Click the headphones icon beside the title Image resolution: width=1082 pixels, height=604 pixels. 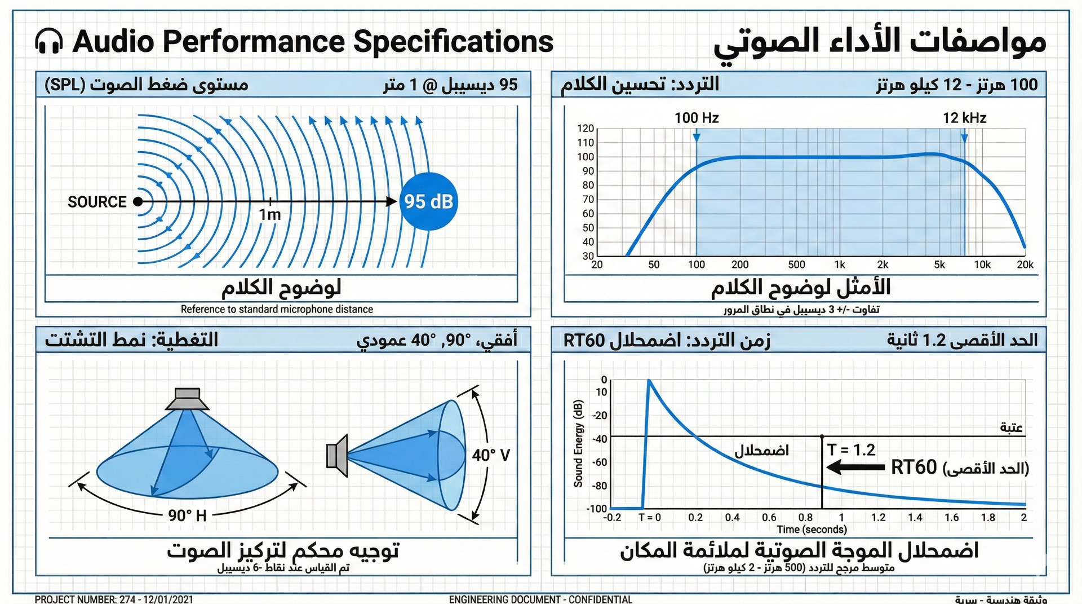pyautogui.click(x=48, y=42)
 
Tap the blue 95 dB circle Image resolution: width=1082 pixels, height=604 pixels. pyautogui.click(x=429, y=201)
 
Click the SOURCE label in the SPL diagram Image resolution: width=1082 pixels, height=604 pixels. pyautogui.click(x=97, y=202)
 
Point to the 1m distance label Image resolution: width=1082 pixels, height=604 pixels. pyautogui.click(x=270, y=215)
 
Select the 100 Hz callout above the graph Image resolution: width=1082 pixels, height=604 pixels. pyautogui.click(x=697, y=118)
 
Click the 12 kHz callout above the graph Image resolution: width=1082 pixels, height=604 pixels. pyautogui.click(x=964, y=118)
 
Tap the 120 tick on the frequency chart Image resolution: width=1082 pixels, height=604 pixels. pyautogui.click(x=586, y=129)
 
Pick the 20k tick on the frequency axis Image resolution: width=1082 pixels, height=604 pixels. pyautogui.click(x=1025, y=264)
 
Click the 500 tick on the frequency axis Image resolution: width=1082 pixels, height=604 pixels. pyautogui.click(x=796, y=264)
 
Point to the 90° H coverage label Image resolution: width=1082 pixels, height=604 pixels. pyautogui.click(x=187, y=515)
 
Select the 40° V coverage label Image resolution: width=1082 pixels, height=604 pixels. pyautogui.click(x=491, y=455)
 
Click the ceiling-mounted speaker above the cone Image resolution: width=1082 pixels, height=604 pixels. pyautogui.click(x=188, y=399)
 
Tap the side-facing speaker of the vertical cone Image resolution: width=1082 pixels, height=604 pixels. pyautogui.click(x=338, y=452)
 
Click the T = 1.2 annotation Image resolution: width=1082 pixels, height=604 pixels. pyautogui.click(x=851, y=450)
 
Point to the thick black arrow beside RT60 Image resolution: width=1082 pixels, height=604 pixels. pyautogui.click(x=855, y=467)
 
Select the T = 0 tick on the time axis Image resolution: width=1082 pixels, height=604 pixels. pyautogui.click(x=649, y=517)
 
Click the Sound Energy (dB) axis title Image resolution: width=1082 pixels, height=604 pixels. pyautogui.click(x=578, y=443)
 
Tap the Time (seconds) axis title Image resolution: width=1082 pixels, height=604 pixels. pyautogui.click(x=812, y=530)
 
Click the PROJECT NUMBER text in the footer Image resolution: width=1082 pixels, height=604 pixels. pyautogui.click(x=114, y=599)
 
